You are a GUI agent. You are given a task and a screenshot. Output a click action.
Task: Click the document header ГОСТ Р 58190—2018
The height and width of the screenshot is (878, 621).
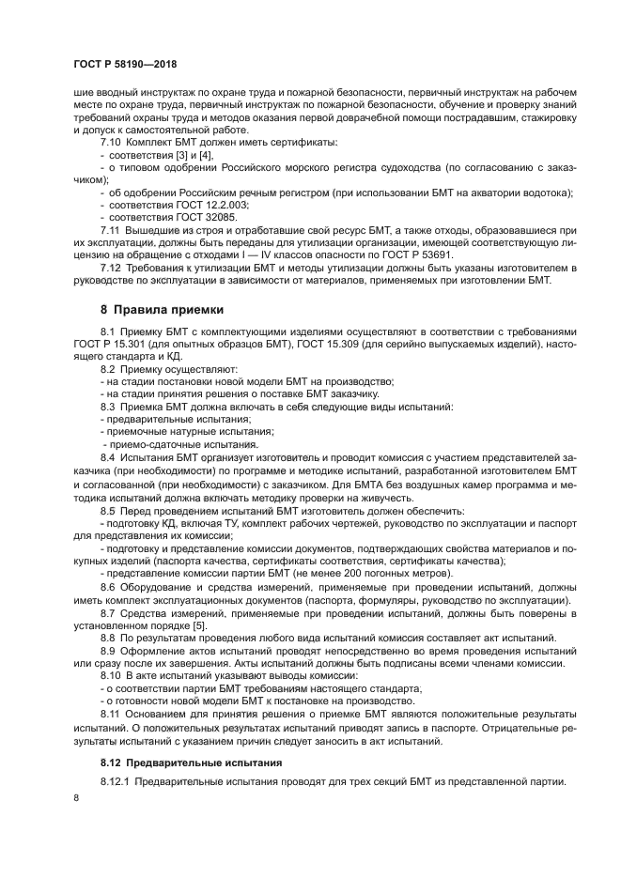click(124, 63)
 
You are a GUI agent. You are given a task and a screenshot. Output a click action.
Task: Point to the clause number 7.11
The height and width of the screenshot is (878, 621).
click(112, 229)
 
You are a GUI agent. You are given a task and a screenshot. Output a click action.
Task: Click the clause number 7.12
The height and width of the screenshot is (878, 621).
click(112, 268)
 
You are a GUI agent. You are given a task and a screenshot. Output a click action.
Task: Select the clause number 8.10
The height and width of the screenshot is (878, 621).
click(112, 675)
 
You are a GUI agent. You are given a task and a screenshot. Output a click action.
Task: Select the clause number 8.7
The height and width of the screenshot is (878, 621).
click(109, 611)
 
